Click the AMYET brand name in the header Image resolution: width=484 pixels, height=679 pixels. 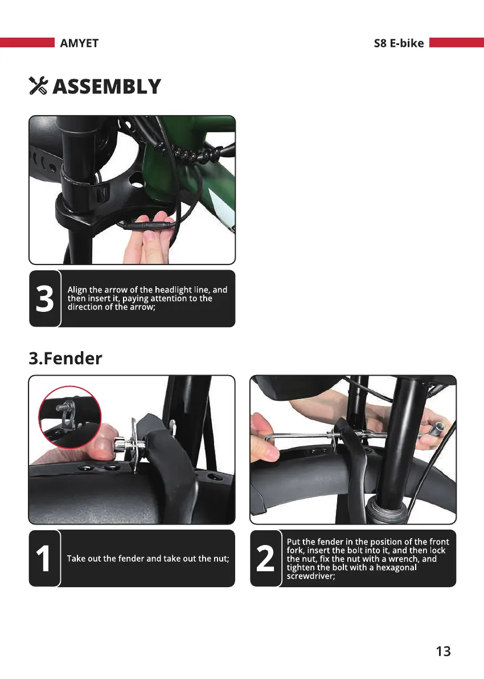tap(79, 43)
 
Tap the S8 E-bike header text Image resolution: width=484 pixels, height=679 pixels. tap(399, 43)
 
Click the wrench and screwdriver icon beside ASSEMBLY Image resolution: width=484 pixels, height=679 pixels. tap(38, 86)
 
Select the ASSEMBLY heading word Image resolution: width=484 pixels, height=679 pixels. tap(107, 86)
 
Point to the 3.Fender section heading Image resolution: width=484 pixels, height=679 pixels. tap(65, 358)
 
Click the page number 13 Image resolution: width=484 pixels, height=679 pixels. tap(444, 651)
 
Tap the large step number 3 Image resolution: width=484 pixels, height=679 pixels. tap(45, 298)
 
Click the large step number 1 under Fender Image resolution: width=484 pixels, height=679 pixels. tap(43, 558)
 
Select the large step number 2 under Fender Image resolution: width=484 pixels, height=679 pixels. tap(265, 558)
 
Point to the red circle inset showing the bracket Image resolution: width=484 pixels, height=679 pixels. tap(69, 417)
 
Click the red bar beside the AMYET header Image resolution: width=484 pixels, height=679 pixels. tap(27, 42)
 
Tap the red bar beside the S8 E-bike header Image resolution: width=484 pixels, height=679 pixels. tap(457, 42)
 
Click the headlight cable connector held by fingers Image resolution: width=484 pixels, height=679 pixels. tap(149, 225)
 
